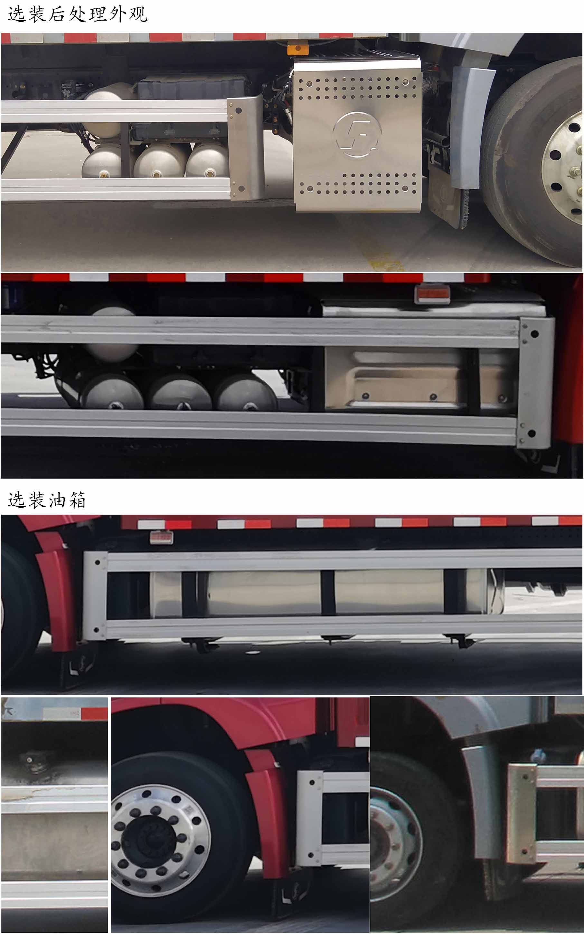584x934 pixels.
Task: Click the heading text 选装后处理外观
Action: click(77, 14)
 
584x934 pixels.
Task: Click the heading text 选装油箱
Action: click(46, 500)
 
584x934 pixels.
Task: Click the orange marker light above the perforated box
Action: click(297, 49)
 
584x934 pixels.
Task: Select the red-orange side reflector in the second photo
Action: click(433, 294)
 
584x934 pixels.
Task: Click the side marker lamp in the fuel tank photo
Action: click(161, 537)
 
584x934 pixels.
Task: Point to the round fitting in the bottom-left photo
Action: click(30, 760)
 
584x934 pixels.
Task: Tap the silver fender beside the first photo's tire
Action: click(467, 127)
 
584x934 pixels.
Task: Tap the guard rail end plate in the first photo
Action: click(244, 149)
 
